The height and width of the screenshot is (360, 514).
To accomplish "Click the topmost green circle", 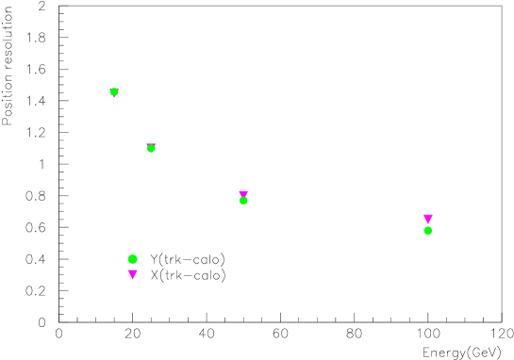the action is (114, 92).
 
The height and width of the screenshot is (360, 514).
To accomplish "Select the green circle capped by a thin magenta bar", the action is (151, 149).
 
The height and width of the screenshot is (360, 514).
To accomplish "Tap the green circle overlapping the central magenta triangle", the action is (243, 201).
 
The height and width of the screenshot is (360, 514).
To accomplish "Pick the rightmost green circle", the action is (428, 231).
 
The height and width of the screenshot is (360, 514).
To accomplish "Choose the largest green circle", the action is (132, 259).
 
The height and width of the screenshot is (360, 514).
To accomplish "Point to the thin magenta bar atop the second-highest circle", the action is (151, 144).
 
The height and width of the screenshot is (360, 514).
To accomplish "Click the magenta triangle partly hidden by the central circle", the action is (243, 193).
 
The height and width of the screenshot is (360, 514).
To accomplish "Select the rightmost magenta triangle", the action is (428, 219).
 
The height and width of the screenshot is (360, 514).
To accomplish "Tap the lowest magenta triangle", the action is (132, 274).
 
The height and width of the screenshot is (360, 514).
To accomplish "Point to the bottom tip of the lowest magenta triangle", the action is (132, 280).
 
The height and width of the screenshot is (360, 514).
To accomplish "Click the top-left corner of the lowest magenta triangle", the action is (127, 270).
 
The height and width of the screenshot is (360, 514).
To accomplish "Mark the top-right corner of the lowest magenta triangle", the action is (138, 270).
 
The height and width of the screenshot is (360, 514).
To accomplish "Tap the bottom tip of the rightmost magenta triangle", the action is (428, 224).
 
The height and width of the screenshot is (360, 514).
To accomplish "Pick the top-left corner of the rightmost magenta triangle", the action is (423, 215).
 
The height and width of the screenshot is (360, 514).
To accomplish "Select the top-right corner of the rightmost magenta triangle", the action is (433, 215).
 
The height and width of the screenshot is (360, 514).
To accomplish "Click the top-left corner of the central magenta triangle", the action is (239, 191).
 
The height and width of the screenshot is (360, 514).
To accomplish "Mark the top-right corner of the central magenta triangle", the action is (248, 191).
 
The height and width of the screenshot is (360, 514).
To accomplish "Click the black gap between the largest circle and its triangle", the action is (132, 267).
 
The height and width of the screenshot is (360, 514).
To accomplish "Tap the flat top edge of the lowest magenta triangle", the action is (132, 270).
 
